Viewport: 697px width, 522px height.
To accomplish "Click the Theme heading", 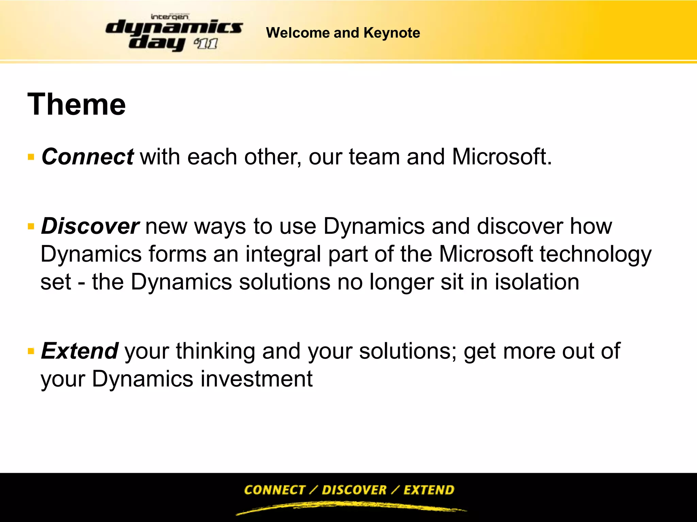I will [x=77, y=104].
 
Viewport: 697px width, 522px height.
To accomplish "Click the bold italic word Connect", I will [x=87, y=157].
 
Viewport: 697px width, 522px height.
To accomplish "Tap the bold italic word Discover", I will [x=90, y=226].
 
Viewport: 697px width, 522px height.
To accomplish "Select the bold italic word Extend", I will [x=80, y=351].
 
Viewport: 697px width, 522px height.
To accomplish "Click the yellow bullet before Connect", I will [x=31, y=157].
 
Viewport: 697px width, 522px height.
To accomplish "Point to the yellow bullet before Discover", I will [x=31, y=227].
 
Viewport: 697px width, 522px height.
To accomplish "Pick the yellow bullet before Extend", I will [x=31, y=351].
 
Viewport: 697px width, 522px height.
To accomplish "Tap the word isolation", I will [x=537, y=282].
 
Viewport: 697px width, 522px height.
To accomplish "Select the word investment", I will [x=256, y=379].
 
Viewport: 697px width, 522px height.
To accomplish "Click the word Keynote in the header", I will [x=392, y=33].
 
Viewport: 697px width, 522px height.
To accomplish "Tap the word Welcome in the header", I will [x=298, y=33].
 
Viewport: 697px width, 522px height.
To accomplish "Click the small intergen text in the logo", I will [x=169, y=17].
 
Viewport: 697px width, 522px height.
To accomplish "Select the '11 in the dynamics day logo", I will [x=206, y=44].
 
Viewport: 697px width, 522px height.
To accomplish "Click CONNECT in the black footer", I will [x=275, y=490].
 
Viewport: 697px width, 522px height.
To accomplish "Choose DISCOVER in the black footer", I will [x=354, y=490].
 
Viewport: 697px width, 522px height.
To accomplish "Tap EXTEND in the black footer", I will [x=429, y=490].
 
